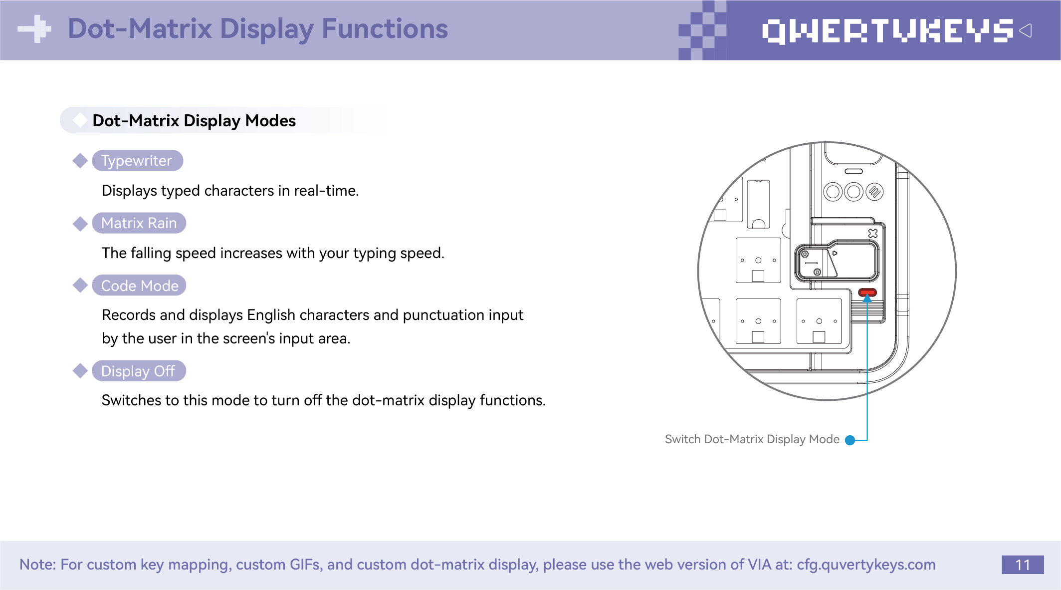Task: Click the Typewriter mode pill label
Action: [137, 161]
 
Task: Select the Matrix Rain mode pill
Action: [139, 223]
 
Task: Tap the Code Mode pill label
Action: [139, 286]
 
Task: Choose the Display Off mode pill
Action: [138, 371]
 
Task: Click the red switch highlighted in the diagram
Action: [867, 292]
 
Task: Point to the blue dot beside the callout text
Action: [850, 440]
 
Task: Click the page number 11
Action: [1022, 565]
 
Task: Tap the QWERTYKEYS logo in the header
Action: [887, 31]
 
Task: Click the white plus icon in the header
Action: [34, 29]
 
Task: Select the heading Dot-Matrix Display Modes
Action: [194, 121]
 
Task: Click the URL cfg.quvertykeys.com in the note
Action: [866, 565]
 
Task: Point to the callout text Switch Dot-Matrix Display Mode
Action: [752, 439]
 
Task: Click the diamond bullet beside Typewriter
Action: [80, 161]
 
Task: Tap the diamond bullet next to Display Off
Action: [80, 371]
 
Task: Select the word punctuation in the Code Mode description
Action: [443, 315]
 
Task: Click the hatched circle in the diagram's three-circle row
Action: [874, 192]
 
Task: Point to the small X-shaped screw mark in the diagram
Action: [873, 233]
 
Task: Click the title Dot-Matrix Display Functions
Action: [258, 29]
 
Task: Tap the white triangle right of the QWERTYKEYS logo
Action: [1026, 30]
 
